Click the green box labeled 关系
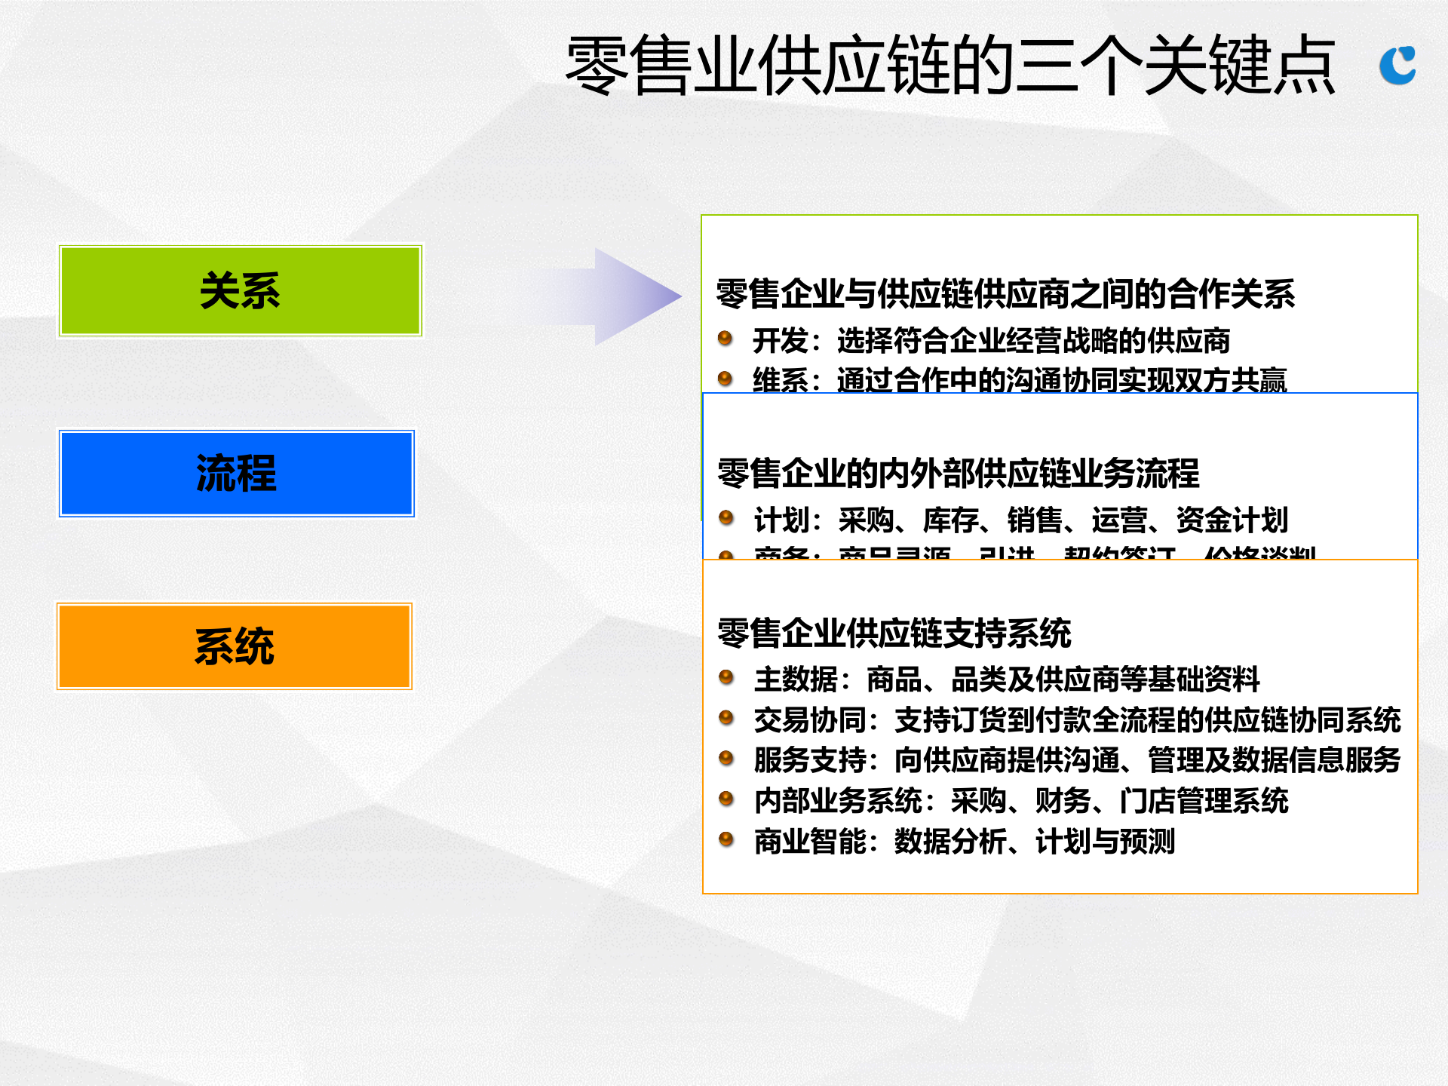240,290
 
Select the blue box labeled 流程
236,474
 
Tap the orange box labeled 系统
234,646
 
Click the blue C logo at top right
1397,66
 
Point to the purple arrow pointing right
618,296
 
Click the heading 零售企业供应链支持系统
894,633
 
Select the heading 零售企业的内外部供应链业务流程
958,474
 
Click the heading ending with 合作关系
1005,294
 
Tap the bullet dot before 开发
726,338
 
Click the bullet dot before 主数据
726,676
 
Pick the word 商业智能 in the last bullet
810,842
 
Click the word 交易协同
810,720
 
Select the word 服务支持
810,760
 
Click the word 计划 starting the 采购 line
782,520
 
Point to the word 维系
781,380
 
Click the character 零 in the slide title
597,66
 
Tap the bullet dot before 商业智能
726,839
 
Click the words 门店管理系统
1204,801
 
